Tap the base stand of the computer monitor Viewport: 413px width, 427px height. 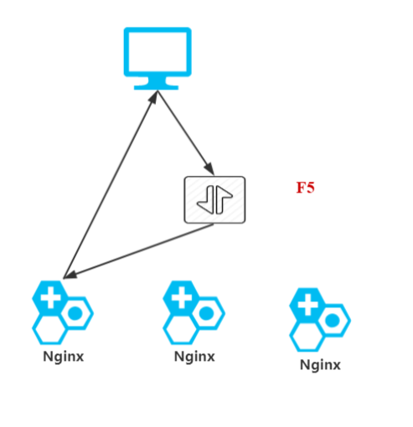point(157,85)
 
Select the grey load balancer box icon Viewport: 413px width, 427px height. point(214,199)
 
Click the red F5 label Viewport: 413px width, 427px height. point(305,188)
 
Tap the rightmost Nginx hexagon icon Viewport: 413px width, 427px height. point(319,319)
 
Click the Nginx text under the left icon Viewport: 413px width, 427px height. point(64,357)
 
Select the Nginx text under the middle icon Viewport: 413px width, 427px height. point(194,357)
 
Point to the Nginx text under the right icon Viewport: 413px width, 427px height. point(320,365)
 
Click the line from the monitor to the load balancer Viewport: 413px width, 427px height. point(184,131)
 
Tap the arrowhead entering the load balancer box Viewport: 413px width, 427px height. point(209,169)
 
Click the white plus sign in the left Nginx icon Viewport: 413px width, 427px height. point(51,296)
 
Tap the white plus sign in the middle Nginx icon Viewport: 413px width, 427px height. point(182,296)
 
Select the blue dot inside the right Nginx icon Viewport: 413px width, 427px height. point(333,321)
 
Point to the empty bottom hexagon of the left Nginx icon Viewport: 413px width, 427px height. point(49,329)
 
